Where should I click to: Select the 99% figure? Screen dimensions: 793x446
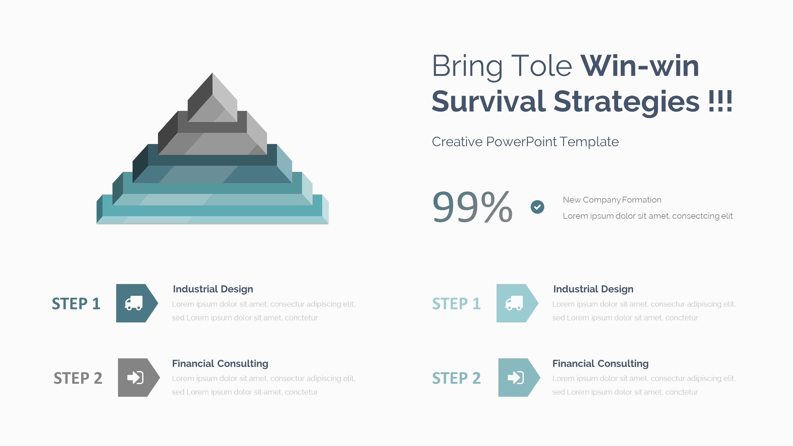[472, 207]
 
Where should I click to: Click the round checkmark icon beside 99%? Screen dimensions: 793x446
[537, 207]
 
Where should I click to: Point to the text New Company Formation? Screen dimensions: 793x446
[612, 200]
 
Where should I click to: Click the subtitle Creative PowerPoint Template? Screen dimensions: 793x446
[525, 142]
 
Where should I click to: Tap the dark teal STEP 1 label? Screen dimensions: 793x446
[76, 304]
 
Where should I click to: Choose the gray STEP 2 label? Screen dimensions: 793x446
[78, 378]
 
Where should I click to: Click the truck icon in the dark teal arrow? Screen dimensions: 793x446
[134, 303]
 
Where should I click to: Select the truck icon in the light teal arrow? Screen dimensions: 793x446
[514, 303]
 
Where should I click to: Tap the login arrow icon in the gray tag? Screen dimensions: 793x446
[135, 378]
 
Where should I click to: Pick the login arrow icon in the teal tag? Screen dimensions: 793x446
[516, 378]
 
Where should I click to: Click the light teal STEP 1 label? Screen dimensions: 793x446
[457, 304]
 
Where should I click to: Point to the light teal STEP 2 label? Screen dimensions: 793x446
[457, 378]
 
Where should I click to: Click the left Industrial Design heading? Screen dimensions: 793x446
[213, 289]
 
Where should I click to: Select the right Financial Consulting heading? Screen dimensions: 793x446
[600, 363]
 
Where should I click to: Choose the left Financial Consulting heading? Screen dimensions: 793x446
[220, 363]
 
